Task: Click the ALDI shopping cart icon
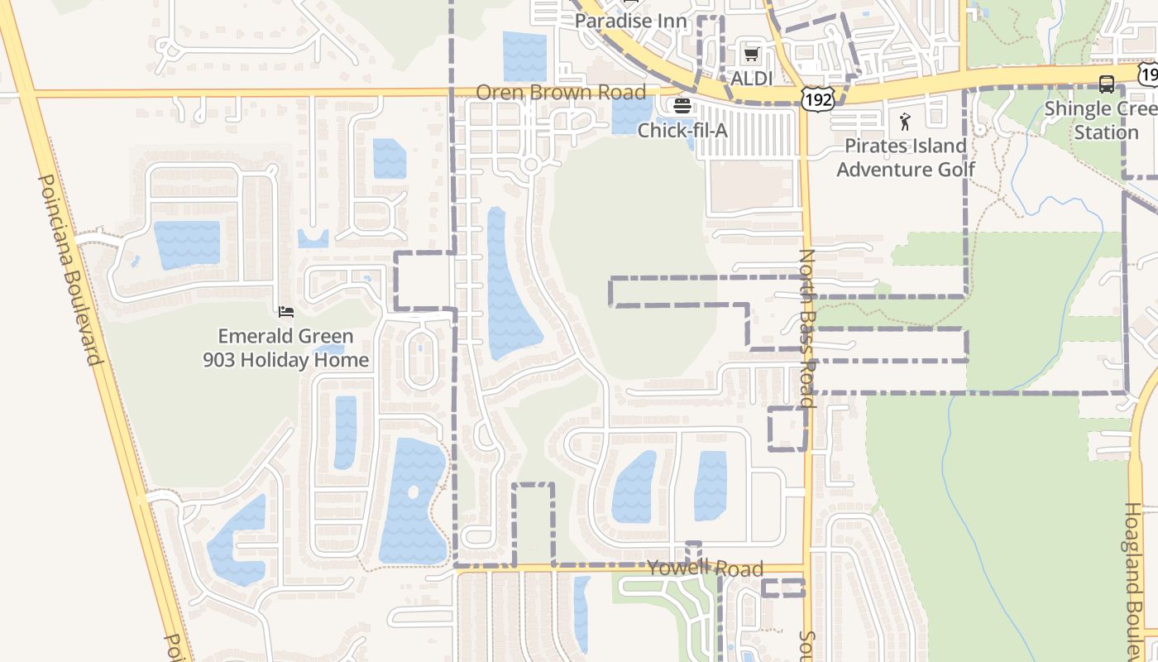[751, 55]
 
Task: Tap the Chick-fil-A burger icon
[682, 105]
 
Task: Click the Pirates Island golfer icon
[905, 122]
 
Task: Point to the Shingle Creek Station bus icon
[1106, 84]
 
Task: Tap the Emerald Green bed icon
[286, 312]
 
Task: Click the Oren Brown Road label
[561, 92]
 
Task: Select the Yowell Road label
[705, 568]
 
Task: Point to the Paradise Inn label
[631, 21]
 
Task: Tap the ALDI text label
[751, 79]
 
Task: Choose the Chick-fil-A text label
[682, 130]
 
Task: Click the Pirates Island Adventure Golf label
[906, 157]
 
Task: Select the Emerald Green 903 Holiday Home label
[286, 348]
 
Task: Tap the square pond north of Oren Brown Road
[524, 55]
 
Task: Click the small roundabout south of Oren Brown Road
[531, 165]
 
